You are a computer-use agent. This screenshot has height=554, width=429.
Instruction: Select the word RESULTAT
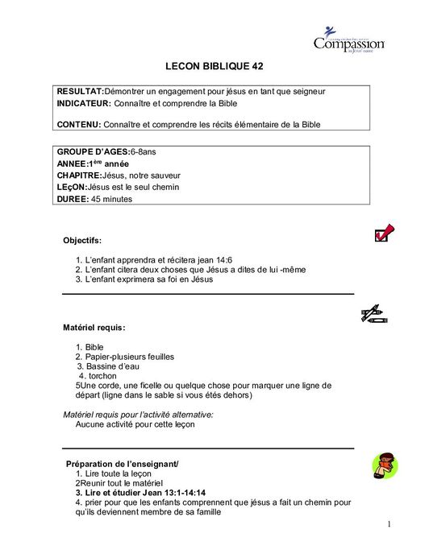[x=80, y=91]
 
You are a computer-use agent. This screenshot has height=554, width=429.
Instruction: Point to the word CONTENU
[x=78, y=124]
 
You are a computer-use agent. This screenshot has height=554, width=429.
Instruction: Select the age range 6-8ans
[x=145, y=151]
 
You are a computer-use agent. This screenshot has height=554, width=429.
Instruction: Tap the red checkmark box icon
[x=384, y=234]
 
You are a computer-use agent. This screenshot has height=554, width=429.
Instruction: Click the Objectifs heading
[x=82, y=240]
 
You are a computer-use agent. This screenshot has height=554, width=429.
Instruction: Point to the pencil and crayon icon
[x=374, y=314]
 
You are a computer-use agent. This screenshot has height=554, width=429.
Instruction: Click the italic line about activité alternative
[x=138, y=413]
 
